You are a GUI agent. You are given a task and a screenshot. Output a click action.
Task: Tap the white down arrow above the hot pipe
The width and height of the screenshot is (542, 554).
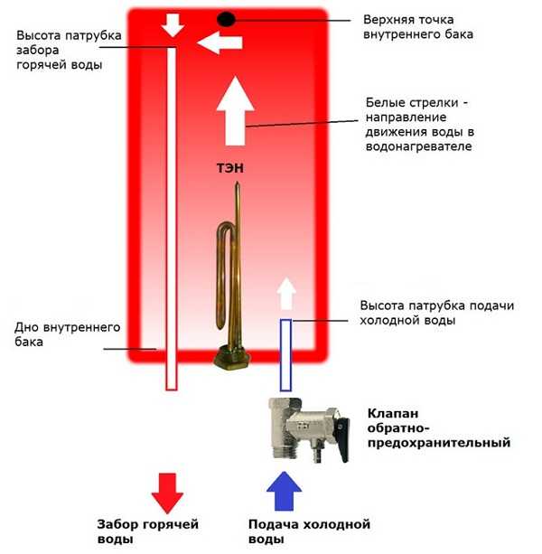tap(172, 26)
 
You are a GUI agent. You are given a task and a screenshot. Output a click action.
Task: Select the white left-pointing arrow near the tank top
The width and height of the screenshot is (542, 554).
tap(220, 42)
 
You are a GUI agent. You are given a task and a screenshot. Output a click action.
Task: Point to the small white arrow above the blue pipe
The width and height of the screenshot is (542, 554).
tap(285, 295)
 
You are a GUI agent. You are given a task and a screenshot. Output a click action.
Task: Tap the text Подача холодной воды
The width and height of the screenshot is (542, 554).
tap(309, 531)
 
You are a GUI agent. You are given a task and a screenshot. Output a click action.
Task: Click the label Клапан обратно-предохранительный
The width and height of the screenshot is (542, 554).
tap(438, 428)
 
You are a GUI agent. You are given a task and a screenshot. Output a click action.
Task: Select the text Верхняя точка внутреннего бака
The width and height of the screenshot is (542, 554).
tap(417, 26)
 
